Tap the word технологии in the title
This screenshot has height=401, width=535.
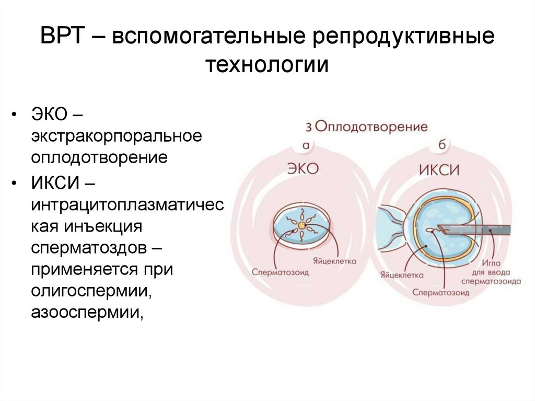tap(267, 66)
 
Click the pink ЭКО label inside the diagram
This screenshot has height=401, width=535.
tap(303, 168)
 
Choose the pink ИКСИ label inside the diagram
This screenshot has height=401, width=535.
tap(438, 170)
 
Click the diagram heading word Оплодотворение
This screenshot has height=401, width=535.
tap(371, 127)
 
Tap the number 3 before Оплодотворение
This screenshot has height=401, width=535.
tap(309, 127)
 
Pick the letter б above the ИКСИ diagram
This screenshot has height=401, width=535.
tap(441, 145)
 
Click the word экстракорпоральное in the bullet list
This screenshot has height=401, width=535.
tap(116, 136)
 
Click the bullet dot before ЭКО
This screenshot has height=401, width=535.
tap(17, 114)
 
